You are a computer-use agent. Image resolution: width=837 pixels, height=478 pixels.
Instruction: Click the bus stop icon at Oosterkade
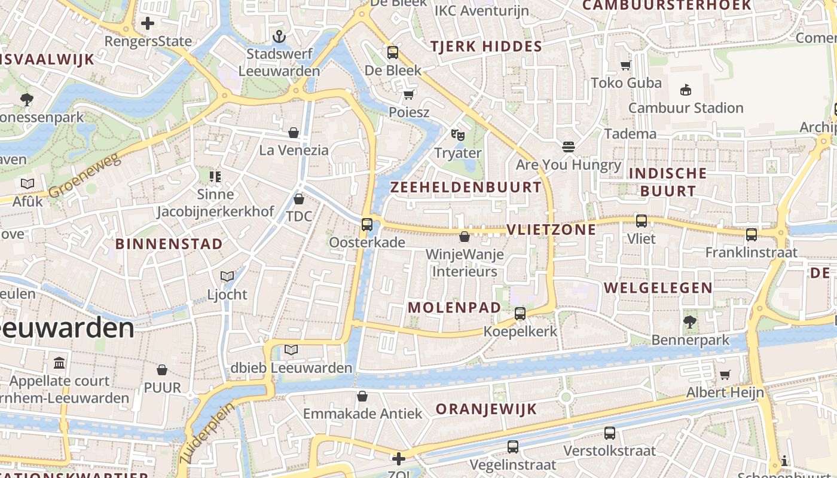pos(367,225)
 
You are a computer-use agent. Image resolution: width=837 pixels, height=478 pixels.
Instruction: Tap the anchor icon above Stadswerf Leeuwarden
pos(279,37)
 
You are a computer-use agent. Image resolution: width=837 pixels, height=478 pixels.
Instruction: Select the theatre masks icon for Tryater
pos(458,135)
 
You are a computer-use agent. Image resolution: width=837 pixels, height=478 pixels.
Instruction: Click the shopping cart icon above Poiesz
pos(409,94)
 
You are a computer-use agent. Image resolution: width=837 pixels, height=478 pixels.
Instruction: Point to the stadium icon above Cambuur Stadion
pos(686,90)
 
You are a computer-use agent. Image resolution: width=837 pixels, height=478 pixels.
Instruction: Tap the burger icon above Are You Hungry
pos(568,146)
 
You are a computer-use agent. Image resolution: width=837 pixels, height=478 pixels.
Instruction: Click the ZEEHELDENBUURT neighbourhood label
pos(466,187)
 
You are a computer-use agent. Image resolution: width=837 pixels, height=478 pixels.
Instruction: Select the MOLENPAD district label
pos(454,308)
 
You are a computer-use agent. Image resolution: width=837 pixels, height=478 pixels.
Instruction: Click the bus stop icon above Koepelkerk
pos(520,313)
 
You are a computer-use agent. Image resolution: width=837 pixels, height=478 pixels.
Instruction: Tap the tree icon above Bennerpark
pos(690,322)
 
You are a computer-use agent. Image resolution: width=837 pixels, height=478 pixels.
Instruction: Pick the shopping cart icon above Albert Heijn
pos(725,375)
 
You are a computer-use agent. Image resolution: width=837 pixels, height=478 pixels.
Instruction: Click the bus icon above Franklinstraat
pos(752,235)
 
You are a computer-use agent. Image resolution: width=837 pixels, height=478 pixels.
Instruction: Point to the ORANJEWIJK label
pos(486,409)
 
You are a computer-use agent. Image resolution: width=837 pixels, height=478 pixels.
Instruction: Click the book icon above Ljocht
pos(227,276)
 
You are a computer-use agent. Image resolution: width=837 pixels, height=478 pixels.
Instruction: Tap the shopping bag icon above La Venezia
pos(294,132)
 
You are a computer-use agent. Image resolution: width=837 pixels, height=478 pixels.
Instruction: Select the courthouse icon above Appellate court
pos(59,363)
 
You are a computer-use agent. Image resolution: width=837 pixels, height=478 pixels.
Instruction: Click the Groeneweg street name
pos(85,174)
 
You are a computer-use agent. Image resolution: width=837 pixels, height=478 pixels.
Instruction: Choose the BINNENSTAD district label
pos(169,244)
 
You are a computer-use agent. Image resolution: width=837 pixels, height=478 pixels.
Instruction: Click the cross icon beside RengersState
pos(148,24)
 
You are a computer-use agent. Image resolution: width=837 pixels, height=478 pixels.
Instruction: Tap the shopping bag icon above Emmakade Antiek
pos(362,396)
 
